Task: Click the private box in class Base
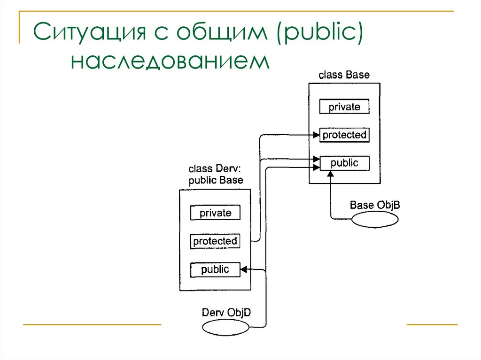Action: click(344, 107)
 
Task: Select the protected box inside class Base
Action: click(344, 135)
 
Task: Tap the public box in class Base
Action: click(344, 163)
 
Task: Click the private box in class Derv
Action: click(215, 213)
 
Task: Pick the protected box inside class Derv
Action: click(215, 241)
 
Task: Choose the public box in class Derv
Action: click(215, 269)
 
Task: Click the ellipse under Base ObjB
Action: click(375, 219)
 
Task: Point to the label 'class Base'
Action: click(344, 75)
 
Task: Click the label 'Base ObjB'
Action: click(375, 205)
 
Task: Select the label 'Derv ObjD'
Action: click(226, 312)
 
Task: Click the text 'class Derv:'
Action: click(215, 169)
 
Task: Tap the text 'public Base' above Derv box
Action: click(216, 180)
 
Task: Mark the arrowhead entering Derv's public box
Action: click(244, 269)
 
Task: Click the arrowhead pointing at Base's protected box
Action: click(317, 135)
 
